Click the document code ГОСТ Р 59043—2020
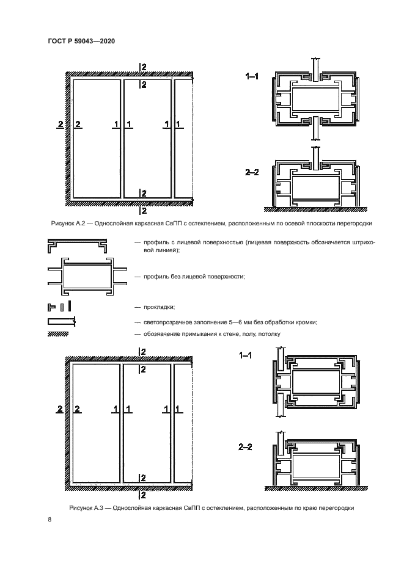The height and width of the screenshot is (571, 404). click(81, 41)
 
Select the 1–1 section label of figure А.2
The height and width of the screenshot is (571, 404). click(252, 76)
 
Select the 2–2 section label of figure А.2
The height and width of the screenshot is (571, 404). click(252, 173)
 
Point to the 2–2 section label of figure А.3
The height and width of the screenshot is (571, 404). click(246, 448)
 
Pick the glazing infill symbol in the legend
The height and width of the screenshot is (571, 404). click(61, 321)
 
